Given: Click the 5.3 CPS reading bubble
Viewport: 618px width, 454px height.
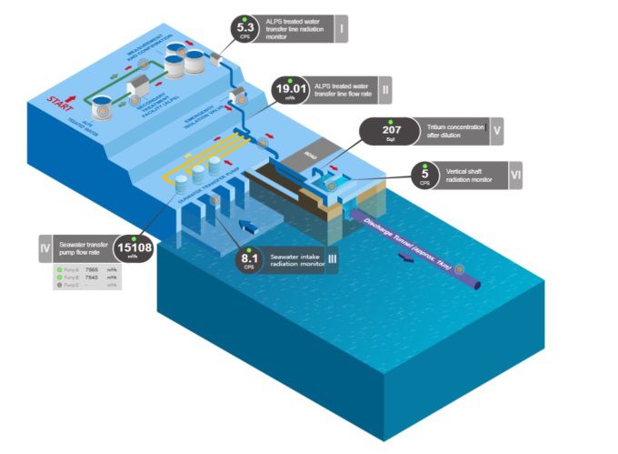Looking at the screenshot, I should click(x=245, y=30).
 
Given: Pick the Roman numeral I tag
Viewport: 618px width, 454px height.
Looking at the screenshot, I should click(x=341, y=30).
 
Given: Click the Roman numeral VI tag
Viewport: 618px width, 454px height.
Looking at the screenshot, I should click(x=514, y=173).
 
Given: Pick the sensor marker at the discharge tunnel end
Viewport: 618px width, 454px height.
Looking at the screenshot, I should click(x=460, y=269).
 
